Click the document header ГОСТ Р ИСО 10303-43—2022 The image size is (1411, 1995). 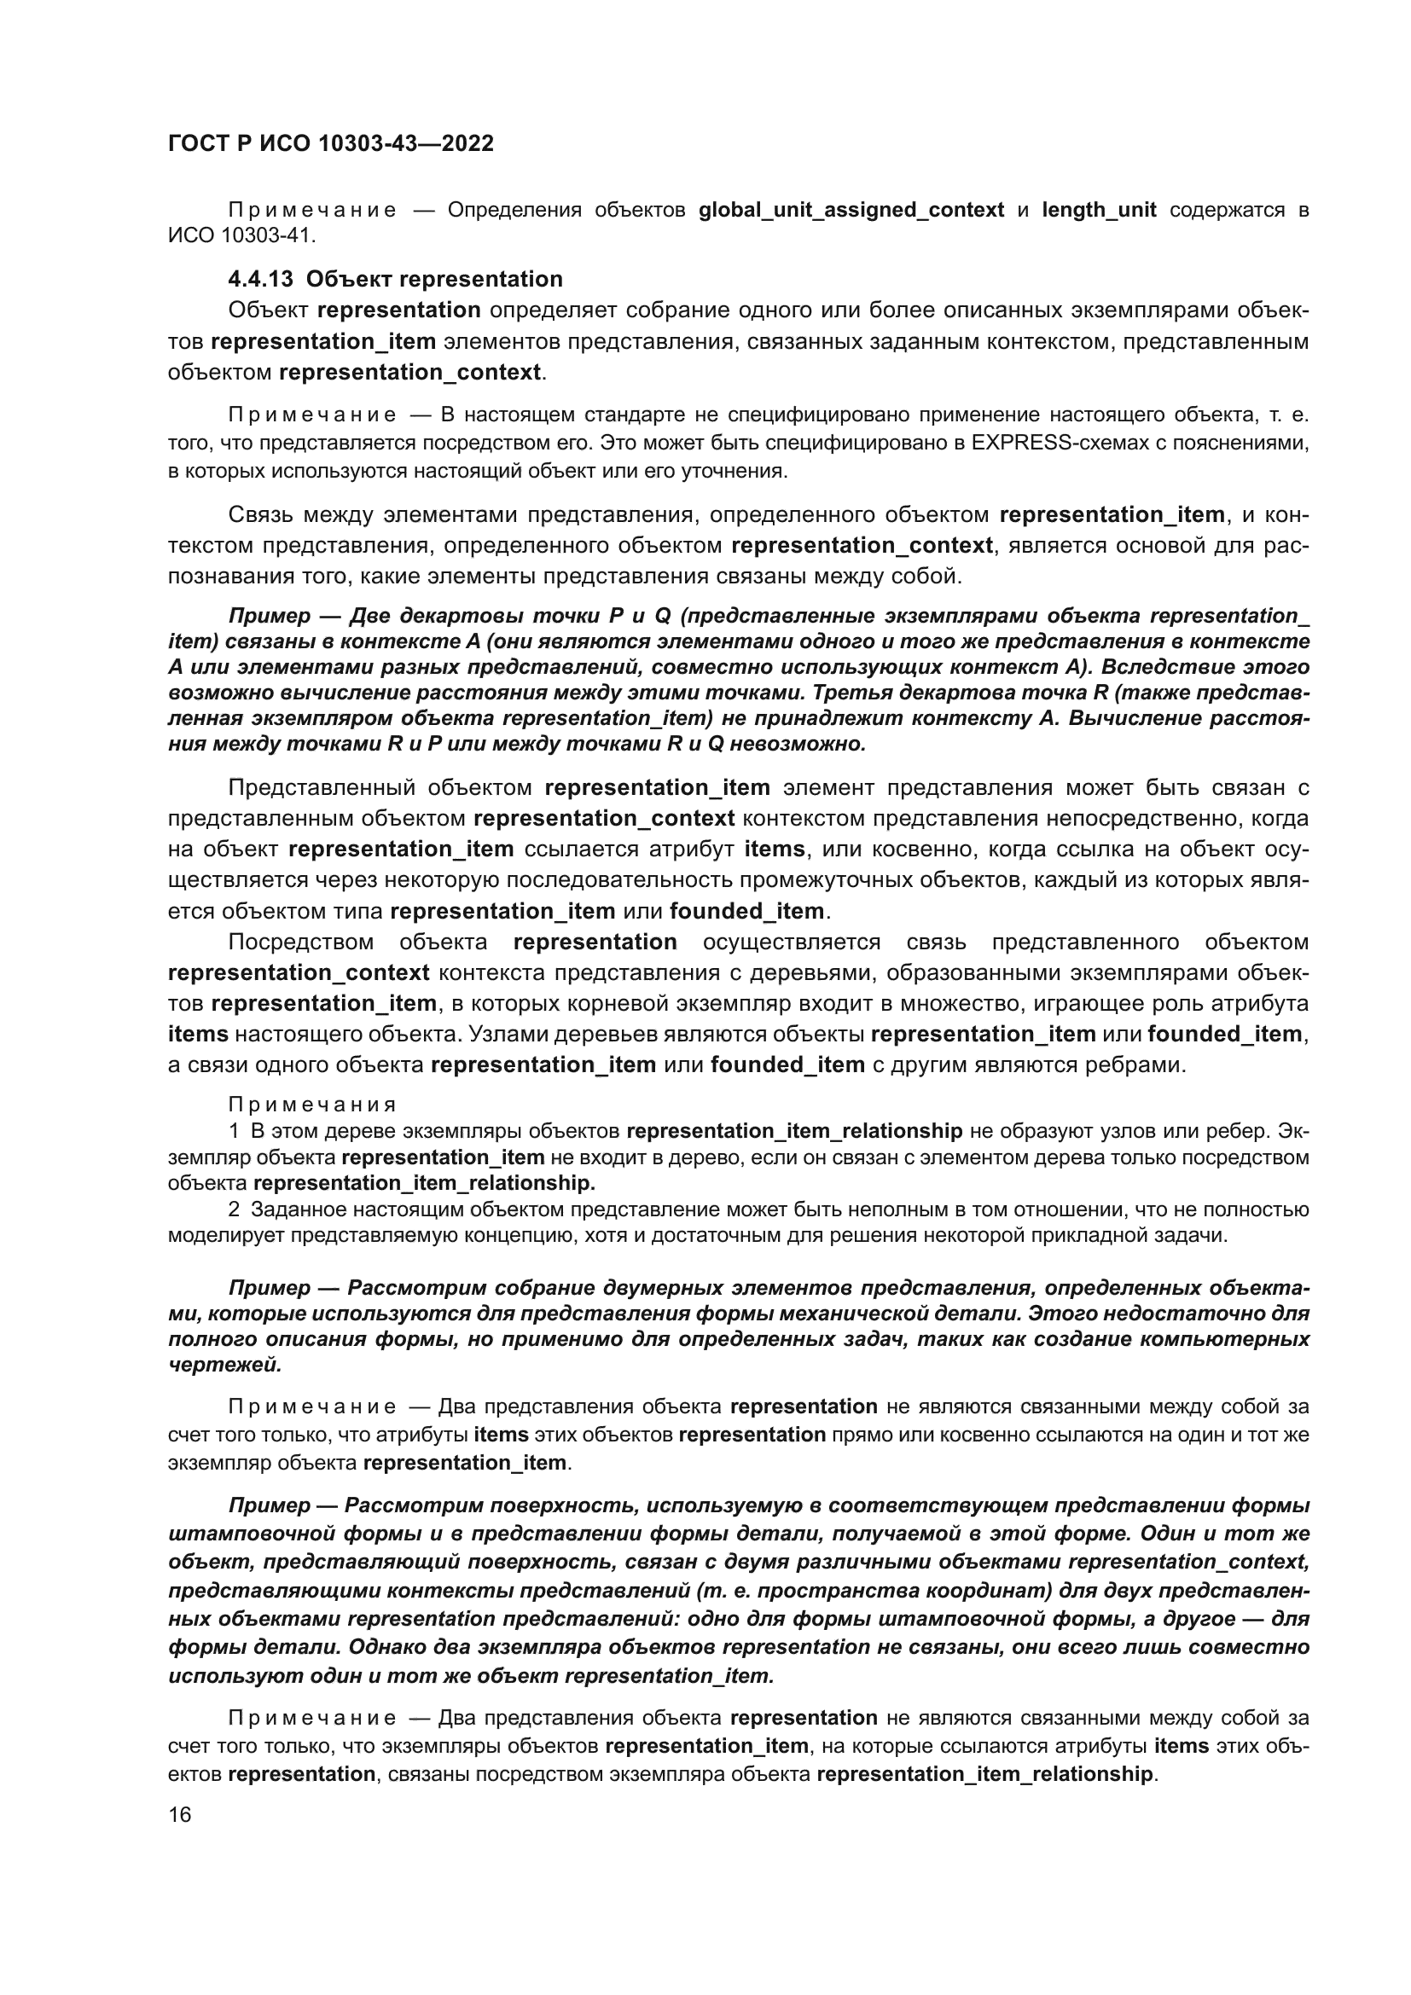(330, 143)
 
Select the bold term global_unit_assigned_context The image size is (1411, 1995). (851, 211)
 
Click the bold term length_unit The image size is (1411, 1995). (1098, 211)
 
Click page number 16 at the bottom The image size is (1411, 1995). (180, 1815)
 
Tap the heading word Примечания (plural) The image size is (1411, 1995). (312, 1105)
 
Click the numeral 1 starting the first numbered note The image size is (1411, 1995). (234, 1131)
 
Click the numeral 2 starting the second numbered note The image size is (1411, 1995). (234, 1209)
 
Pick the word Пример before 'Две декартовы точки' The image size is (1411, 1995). (270, 616)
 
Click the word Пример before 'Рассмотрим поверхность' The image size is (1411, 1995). (270, 1505)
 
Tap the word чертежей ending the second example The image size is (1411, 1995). (224, 1364)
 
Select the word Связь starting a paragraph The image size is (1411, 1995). (259, 515)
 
